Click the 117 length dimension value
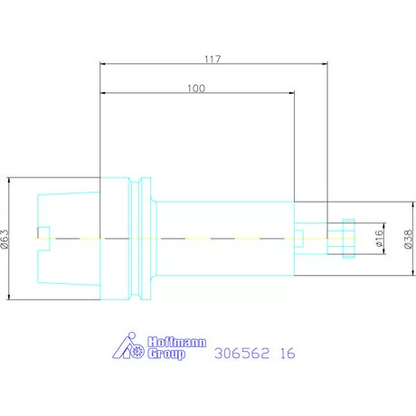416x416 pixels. [x=213, y=59]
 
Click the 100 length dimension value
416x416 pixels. [x=196, y=89]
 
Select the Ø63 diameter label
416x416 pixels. [x=5, y=239]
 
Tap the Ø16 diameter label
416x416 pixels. [x=380, y=238]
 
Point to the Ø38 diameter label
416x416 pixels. [x=408, y=239]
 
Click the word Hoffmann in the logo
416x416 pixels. [x=177, y=342]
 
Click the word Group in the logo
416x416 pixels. [x=166, y=354]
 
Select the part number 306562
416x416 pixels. [x=241, y=353]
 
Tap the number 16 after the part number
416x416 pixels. [x=288, y=353]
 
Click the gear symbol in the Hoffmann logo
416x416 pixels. [x=138, y=352]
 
